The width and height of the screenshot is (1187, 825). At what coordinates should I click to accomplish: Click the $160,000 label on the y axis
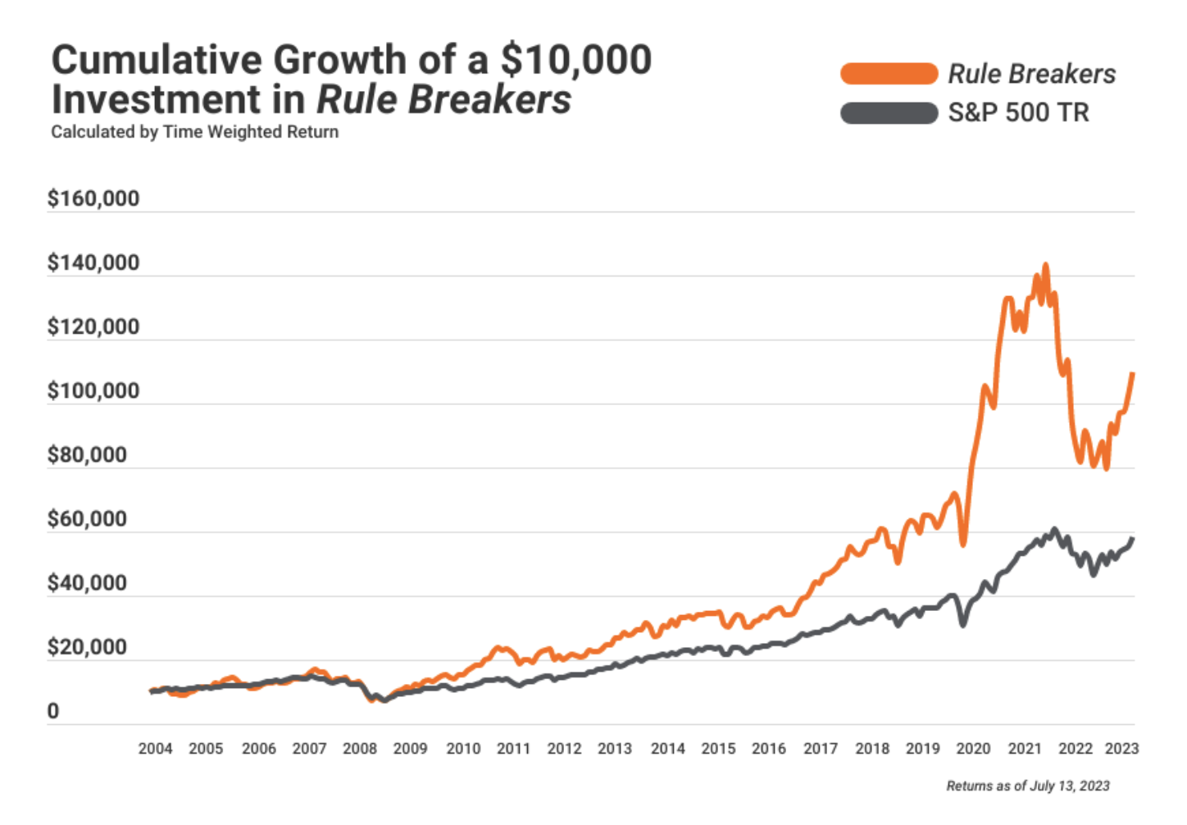[93, 198]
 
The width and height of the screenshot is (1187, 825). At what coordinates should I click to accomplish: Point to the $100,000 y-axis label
[93, 390]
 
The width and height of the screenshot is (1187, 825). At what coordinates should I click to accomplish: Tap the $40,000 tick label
[87, 583]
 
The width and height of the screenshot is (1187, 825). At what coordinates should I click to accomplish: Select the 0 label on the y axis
[53, 711]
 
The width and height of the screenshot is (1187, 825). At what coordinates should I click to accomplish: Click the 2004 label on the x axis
[155, 749]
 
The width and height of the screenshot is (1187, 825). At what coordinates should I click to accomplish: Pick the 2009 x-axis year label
[410, 749]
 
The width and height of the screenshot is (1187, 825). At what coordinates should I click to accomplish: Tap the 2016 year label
[768, 749]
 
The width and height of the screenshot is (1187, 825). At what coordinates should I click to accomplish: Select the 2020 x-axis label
[973, 749]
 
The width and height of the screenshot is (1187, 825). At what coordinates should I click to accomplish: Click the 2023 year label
[1121, 749]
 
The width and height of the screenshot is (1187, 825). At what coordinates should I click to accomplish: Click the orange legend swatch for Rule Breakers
[889, 74]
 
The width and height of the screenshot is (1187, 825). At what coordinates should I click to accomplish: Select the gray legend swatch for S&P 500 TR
[889, 112]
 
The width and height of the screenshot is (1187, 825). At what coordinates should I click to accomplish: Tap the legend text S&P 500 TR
[1018, 112]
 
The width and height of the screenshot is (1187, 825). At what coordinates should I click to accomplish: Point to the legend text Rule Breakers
[1031, 74]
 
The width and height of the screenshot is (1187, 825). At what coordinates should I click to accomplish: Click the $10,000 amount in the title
[576, 60]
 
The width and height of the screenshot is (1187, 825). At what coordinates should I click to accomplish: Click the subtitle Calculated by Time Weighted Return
[194, 132]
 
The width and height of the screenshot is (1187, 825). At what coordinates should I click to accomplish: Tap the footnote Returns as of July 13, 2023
[1027, 786]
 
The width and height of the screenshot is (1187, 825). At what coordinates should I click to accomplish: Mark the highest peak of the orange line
[1045, 266]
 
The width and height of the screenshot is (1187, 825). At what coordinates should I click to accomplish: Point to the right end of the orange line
[1132, 374]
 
